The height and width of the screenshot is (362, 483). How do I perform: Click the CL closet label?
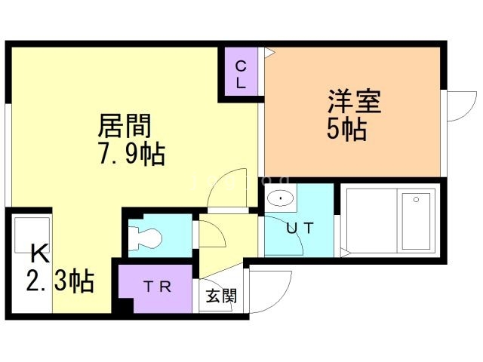[x=240, y=74]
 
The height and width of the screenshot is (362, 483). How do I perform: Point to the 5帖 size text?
[x=346, y=130]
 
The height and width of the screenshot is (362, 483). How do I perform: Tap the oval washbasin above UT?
[x=280, y=200]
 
